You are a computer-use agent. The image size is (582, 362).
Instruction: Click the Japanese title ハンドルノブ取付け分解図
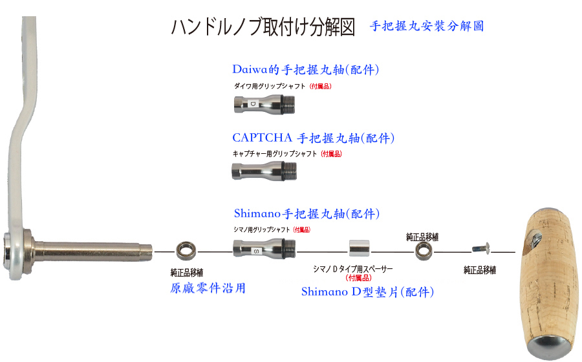(263, 27)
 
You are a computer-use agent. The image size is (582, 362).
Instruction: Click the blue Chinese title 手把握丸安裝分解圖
(427, 27)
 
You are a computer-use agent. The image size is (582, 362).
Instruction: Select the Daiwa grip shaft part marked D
(264, 103)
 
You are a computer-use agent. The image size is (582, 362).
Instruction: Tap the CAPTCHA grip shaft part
(264, 171)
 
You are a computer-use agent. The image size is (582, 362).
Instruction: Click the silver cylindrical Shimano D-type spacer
(359, 250)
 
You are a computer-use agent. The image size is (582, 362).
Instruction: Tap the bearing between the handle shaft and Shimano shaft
(187, 250)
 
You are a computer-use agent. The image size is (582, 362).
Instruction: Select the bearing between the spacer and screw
(424, 250)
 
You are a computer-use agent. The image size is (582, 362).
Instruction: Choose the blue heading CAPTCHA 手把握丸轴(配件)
(313, 138)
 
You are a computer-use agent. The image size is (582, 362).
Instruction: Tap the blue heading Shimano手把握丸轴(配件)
(306, 213)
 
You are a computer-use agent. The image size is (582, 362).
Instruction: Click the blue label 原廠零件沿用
(207, 288)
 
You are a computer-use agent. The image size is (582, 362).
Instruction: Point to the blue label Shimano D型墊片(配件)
(367, 292)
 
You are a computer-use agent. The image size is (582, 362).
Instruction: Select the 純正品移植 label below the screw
(480, 270)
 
